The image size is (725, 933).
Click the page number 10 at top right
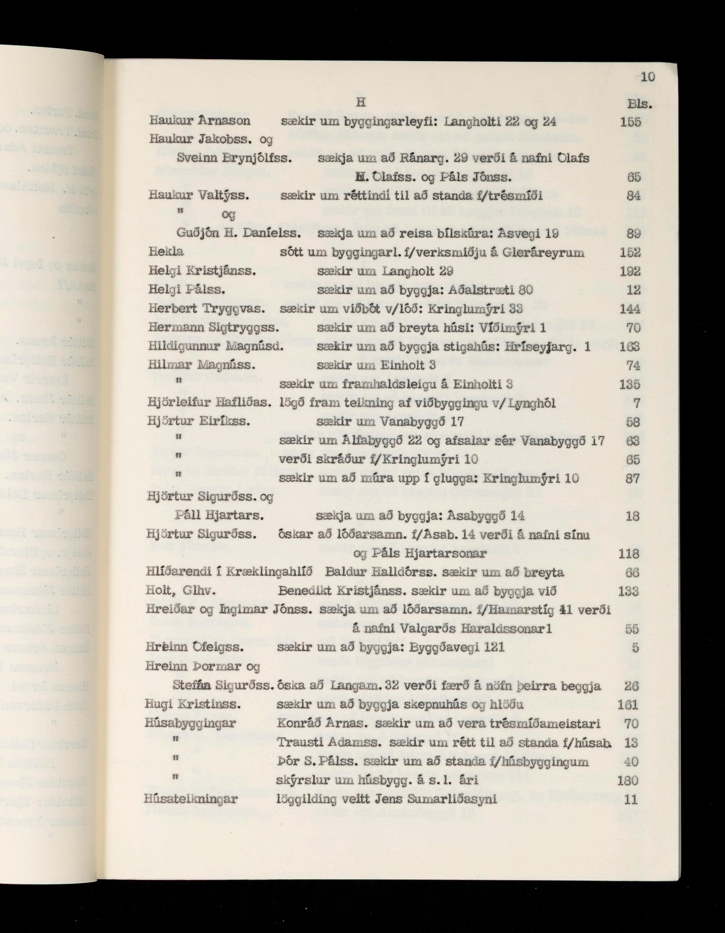(x=648, y=77)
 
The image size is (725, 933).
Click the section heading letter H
(x=360, y=103)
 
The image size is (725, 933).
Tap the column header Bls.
(x=639, y=104)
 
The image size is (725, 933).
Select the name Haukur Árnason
(x=200, y=121)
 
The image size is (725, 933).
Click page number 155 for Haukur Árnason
(x=631, y=122)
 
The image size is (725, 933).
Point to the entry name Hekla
(x=166, y=252)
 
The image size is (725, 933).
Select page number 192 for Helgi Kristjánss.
(x=631, y=272)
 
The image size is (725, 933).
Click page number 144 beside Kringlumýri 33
(x=631, y=309)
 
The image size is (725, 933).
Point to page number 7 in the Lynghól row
(x=636, y=403)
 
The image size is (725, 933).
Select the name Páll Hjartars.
(x=219, y=516)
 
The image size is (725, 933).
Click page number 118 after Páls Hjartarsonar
(x=629, y=554)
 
